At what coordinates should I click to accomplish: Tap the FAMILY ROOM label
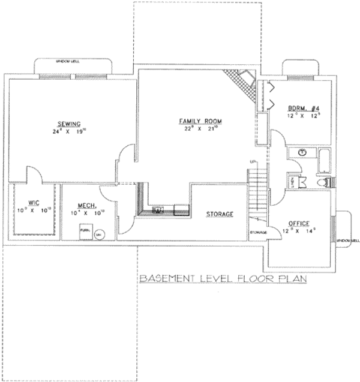click(x=200, y=121)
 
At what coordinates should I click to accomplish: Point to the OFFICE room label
click(x=299, y=224)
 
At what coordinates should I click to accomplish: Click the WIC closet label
click(x=34, y=203)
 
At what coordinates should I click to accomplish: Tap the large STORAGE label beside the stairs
click(x=220, y=214)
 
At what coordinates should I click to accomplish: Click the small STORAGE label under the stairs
click(x=258, y=232)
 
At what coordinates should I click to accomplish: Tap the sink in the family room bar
click(x=159, y=209)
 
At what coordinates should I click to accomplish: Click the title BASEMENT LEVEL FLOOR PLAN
click(x=223, y=278)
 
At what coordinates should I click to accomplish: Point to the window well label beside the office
click(x=347, y=240)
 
